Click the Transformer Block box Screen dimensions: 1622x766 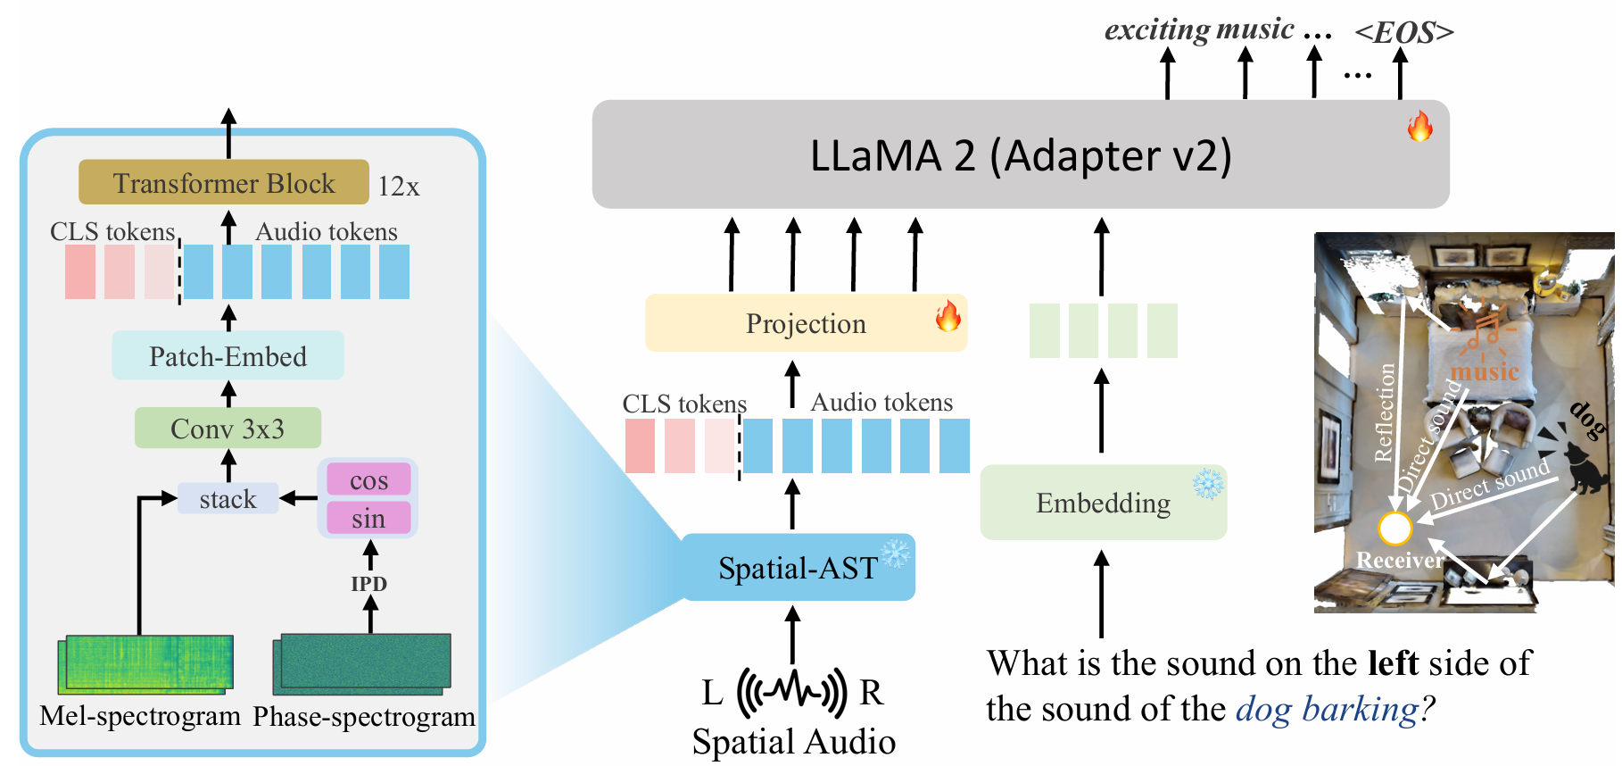coord(224,182)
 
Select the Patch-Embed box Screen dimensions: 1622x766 coord(228,355)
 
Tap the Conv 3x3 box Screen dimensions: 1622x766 coord(228,429)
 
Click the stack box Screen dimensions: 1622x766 coord(228,498)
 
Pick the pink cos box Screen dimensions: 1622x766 coord(368,479)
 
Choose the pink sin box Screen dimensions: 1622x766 coord(368,518)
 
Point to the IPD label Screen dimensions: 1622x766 coord(368,584)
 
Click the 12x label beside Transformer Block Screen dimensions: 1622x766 coord(398,186)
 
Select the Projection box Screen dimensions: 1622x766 coord(806,322)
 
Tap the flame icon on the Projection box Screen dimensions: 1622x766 coord(948,316)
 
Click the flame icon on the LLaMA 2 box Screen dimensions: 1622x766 coord(1419,126)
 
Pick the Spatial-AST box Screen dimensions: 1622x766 coord(799,567)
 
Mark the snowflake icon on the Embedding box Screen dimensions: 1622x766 coord(1208,483)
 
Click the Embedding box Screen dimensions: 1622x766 coord(1104,502)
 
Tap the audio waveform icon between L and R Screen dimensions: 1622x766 coord(792,691)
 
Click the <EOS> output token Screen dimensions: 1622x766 coord(1404,32)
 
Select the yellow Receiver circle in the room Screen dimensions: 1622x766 coord(1394,529)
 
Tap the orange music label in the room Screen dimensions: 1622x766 coord(1485,371)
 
